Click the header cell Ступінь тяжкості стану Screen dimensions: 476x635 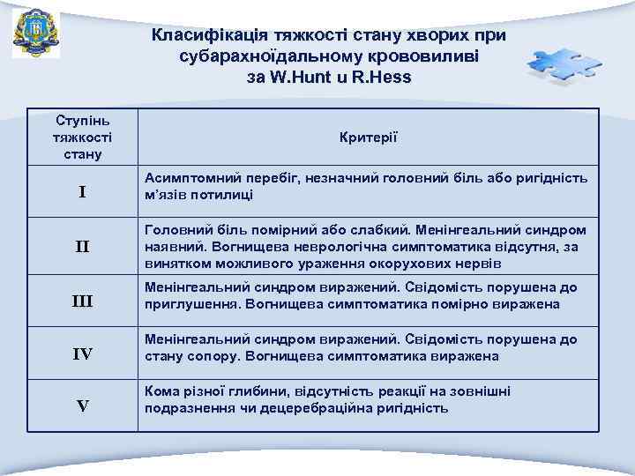pos(82,137)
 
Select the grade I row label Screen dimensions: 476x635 pos(82,192)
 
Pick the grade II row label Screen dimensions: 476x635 pos(82,246)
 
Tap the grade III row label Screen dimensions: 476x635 pos(82,302)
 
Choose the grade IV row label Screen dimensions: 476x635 pos(82,355)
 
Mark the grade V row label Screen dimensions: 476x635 pos(82,406)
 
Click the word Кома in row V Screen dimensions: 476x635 pos(161,391)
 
